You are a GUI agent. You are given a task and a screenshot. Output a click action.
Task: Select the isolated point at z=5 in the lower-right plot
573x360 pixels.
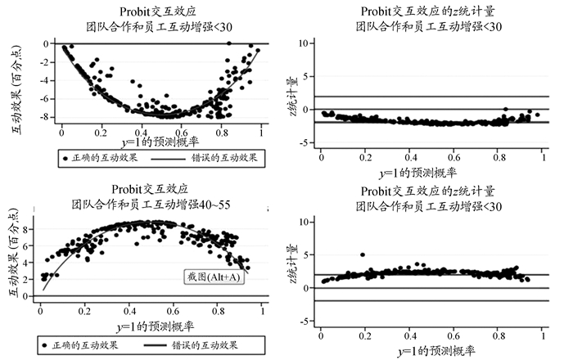pyautogui.click(x=362, y=255)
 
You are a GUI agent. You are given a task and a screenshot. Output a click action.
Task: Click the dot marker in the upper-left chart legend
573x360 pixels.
pyautogui.click(x=65, y=155)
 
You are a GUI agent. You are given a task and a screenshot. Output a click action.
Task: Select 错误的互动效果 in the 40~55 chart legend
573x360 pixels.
pyautogui.click(x=202, y=344)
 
